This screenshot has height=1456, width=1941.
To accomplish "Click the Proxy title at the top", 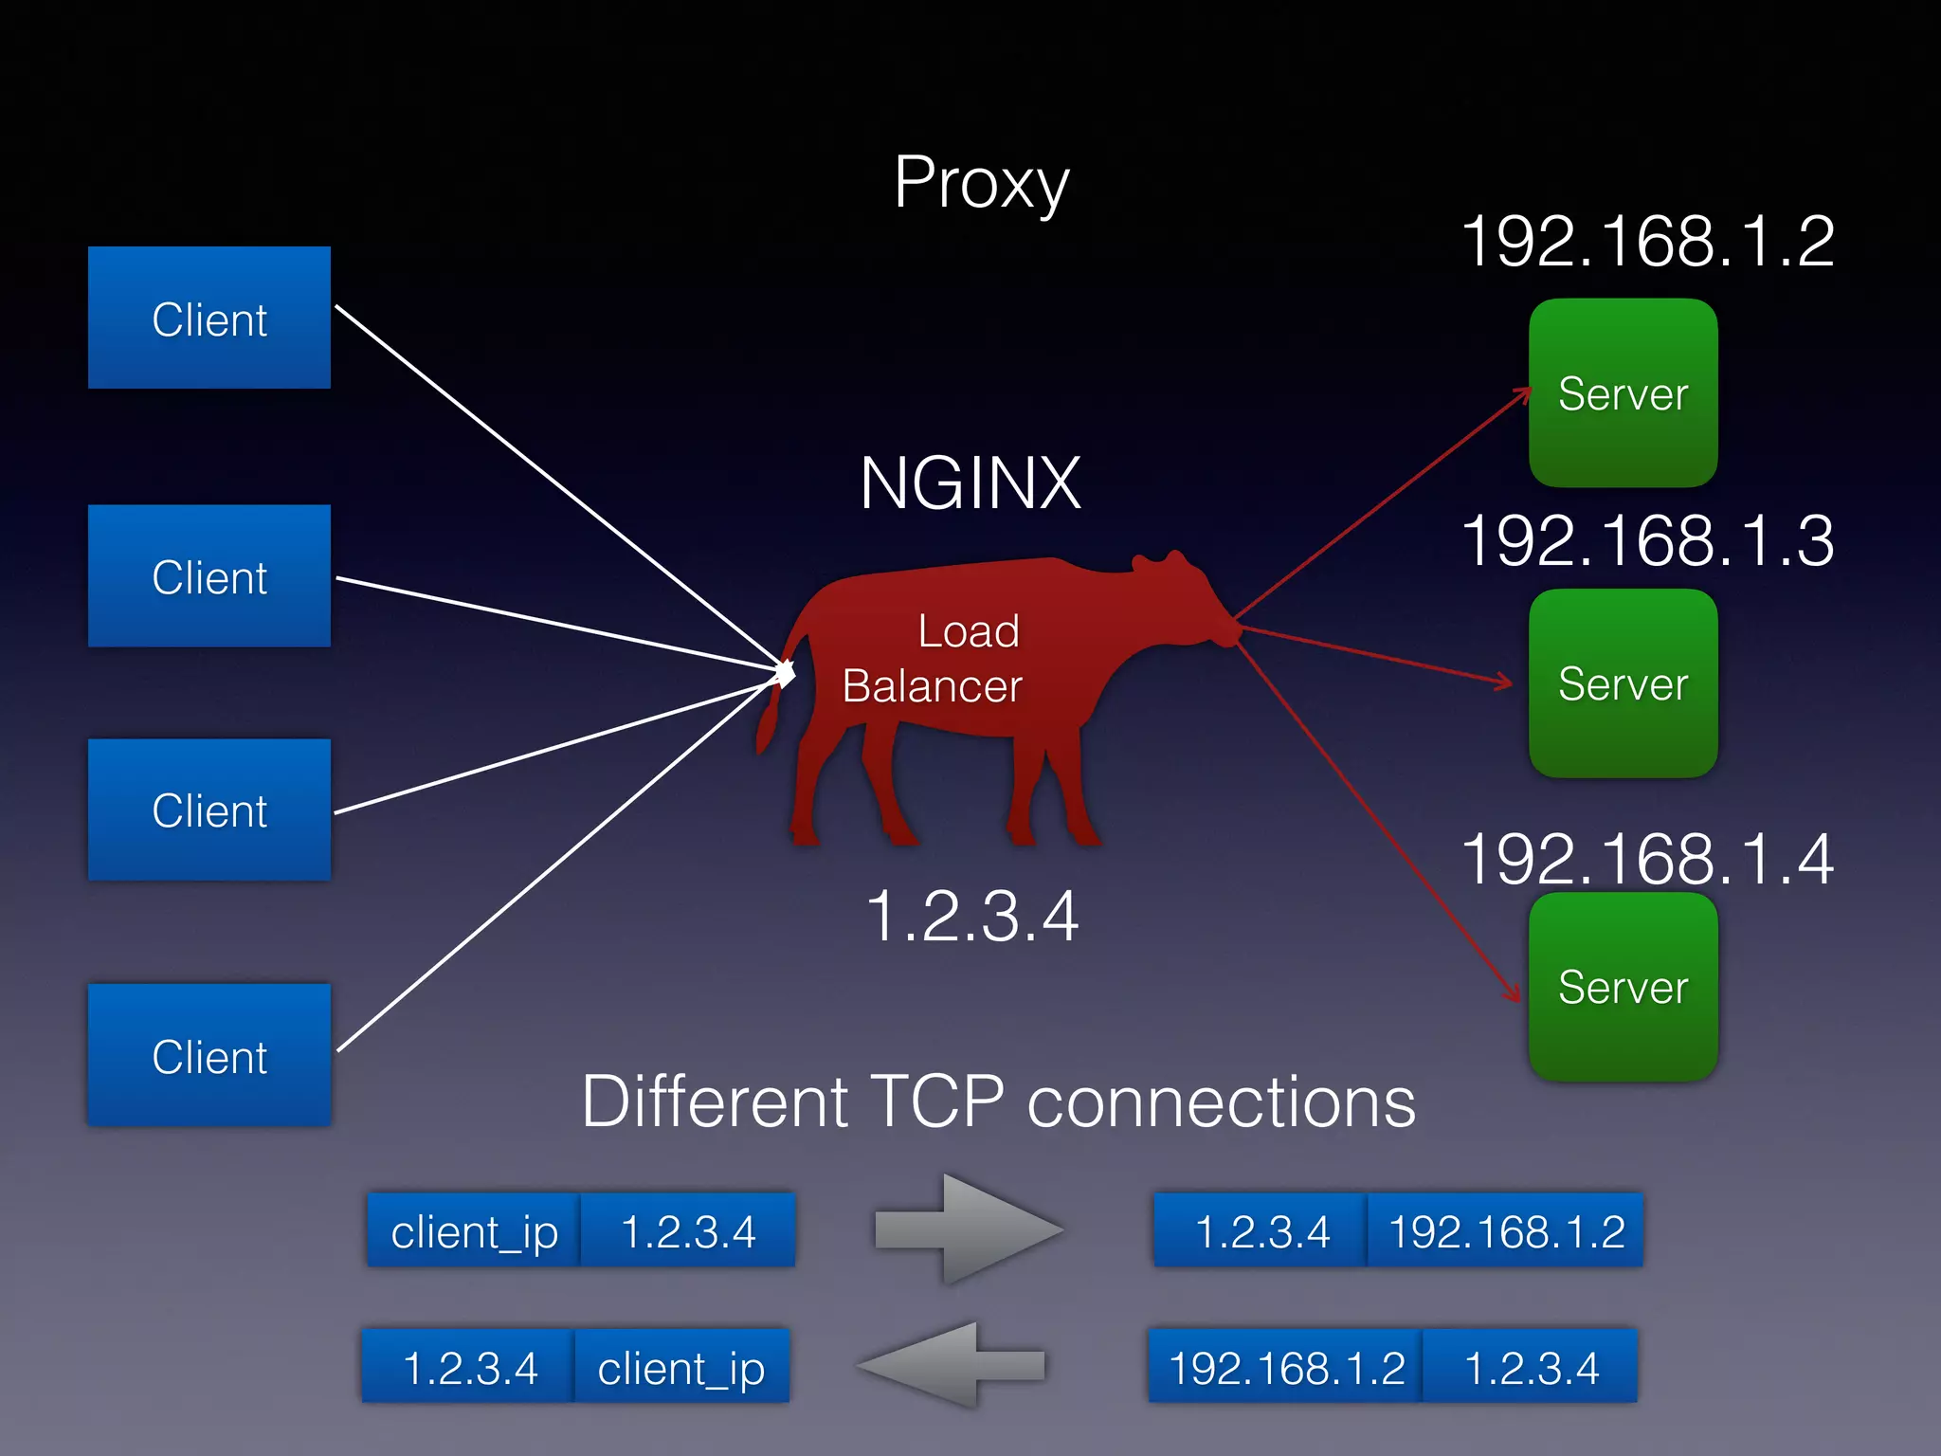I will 981,183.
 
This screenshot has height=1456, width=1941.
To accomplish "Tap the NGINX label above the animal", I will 970,483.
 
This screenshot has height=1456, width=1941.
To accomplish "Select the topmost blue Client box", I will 209,318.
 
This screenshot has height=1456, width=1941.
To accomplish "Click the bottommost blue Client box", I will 209,1055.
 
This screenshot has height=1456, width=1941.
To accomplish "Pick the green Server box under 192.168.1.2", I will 1623,393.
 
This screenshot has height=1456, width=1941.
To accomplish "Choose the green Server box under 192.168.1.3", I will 1623,683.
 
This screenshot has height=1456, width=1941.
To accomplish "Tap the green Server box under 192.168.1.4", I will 1623,987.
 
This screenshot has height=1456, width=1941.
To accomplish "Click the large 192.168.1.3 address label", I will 1647,541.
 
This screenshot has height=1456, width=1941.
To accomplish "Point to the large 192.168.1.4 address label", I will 1647,860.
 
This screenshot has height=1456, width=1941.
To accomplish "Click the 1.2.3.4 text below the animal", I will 972,917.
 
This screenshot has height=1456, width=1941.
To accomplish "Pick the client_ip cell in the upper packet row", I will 474,1231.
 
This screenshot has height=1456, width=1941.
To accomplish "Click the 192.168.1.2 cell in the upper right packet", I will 1506,1231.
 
